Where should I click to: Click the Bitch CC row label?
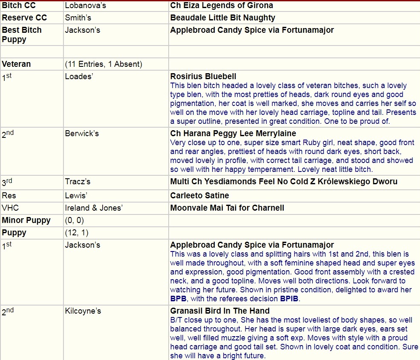19,6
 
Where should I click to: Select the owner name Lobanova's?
84,6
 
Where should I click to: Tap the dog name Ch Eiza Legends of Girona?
222,6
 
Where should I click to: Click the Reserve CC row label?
24,18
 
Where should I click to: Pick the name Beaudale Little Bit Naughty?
222,18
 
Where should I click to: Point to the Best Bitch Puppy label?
22,34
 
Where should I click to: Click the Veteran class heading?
16,64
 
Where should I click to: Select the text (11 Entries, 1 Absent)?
104,64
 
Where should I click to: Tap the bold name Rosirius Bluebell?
203,77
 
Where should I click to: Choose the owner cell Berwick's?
82,134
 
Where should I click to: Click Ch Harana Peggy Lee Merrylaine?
233,134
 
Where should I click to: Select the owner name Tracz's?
78,182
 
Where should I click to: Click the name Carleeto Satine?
199,196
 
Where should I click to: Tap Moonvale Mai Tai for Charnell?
227,208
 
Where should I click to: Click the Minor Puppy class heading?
26,220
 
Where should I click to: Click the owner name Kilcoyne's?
83,311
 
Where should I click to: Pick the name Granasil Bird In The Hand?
220,311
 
